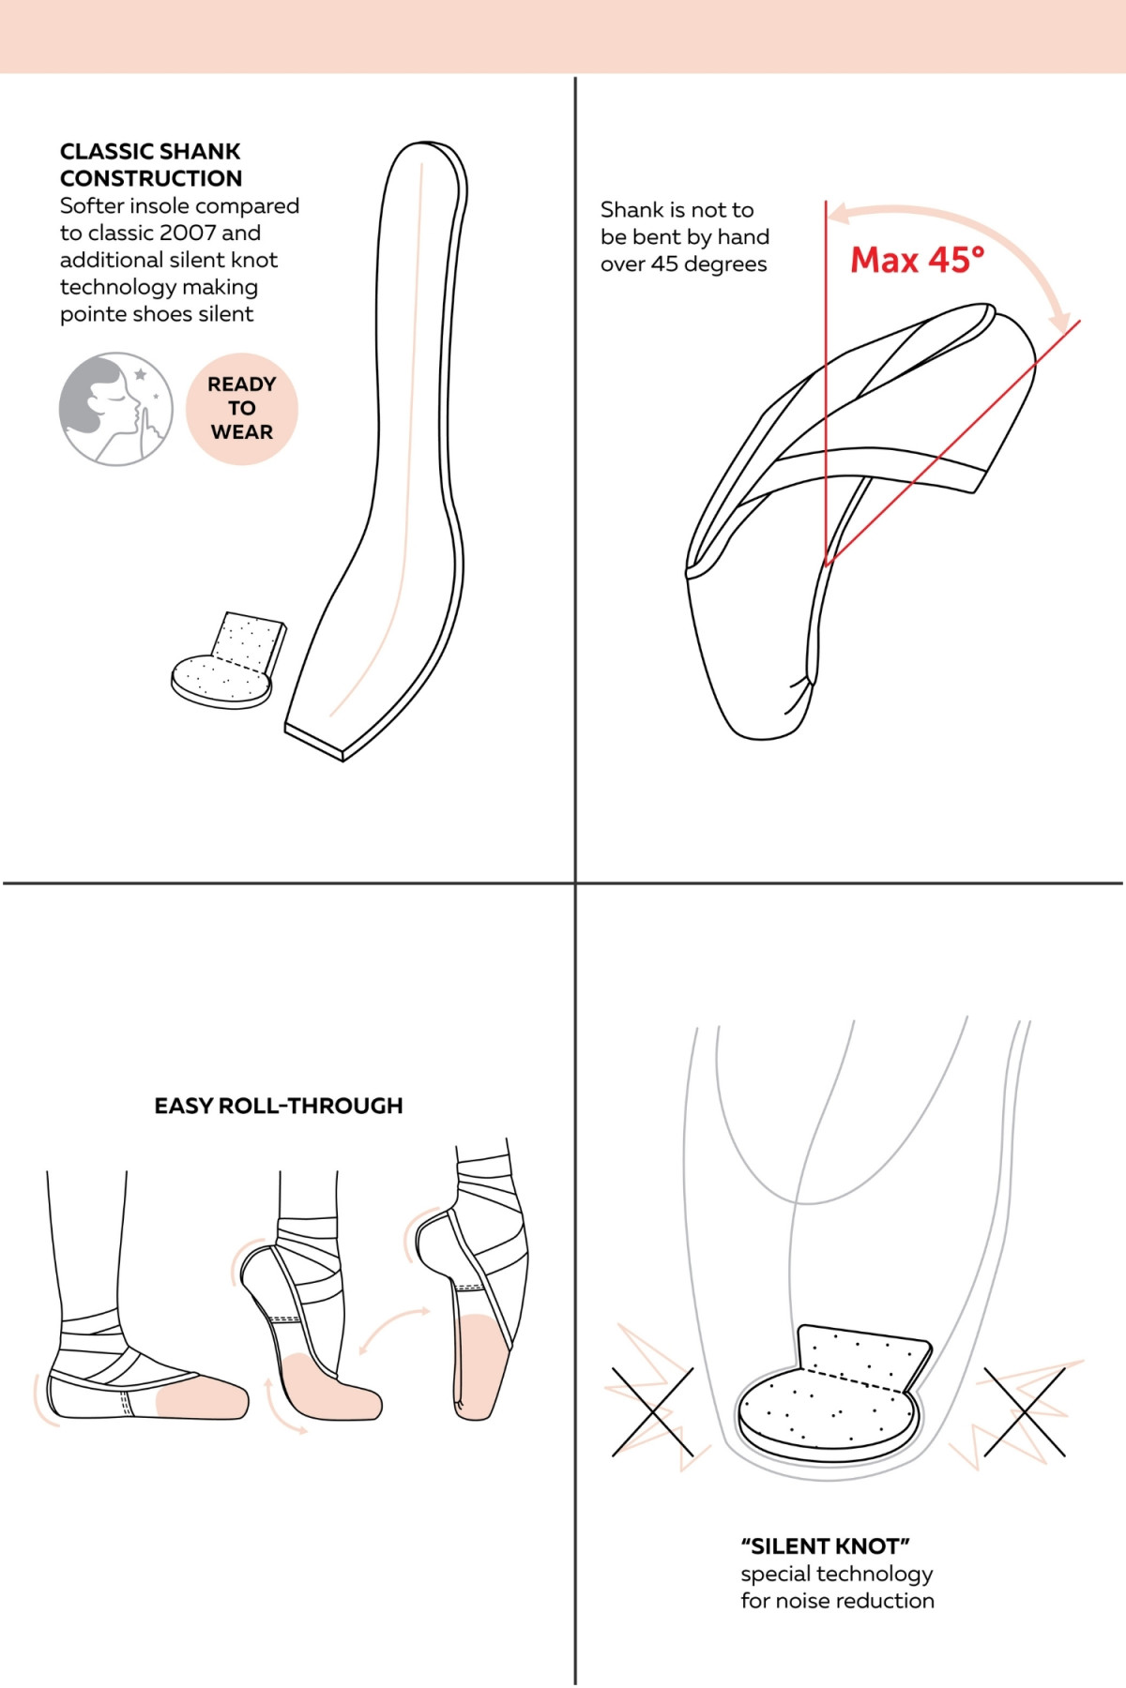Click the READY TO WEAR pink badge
[242, 409]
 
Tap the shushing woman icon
[115, 409]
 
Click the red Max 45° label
[917, 260]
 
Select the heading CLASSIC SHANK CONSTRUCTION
[151, 165]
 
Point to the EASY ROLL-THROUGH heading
[279, 1106]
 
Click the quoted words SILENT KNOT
[825, 1546]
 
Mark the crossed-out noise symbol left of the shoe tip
[652, 1411]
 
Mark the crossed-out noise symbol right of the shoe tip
[1025, 1411]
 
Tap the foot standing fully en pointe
[479, 1313]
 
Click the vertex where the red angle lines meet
[827, 563]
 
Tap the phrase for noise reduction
[837, 1601]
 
